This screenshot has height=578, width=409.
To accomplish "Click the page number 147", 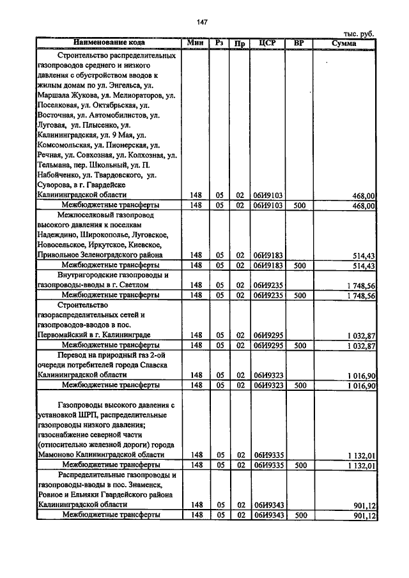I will pyautogui.click(x=203, y=22).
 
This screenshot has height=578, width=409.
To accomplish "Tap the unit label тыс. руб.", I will pyautogui.click(x=359, y=34).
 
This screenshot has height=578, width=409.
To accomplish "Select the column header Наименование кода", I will pyautogui.click(x=109, y=43).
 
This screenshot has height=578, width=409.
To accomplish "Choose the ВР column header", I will pyautogui.click(x=298, y=43).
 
